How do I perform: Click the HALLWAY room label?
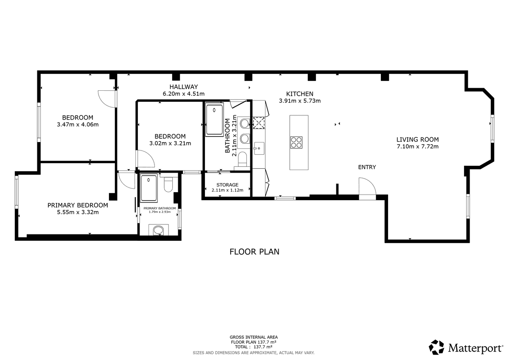point(184,87)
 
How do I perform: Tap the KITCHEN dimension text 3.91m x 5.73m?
point(300,101)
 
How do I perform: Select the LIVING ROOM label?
point(418,140)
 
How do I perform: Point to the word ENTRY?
point(367,167)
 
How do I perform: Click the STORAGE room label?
point(227,185)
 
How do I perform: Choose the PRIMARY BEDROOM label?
point(78,205)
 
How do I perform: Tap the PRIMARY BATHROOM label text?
point(159,208)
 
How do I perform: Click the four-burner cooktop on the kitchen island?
point(296,142)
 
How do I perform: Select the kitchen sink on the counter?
point(259,148)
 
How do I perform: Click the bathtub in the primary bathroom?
point(149,188)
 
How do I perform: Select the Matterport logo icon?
point(436,347)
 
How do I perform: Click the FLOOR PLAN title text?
point(255,252)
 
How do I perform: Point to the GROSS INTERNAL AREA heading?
point(254,337)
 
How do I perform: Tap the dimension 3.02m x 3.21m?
point(170,143)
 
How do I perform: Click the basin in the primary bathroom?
point(158,231)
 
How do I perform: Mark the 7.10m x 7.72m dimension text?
point(418,146)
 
